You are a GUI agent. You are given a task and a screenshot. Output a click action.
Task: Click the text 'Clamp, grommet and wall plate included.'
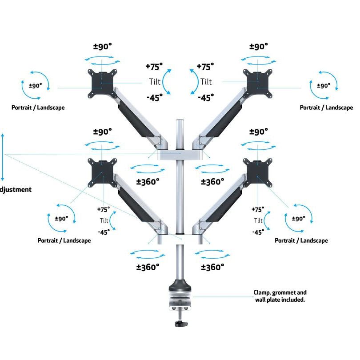[280, 296]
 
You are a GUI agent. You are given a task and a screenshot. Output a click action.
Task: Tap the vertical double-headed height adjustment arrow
[3, 155]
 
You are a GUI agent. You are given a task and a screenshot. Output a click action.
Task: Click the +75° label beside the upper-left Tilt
[154, 67]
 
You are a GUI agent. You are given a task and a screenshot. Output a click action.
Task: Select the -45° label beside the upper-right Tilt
[205, 97]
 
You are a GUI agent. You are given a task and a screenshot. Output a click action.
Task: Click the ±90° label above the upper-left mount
[102, 47]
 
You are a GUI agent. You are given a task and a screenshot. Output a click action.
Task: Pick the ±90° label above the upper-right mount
[259, 47]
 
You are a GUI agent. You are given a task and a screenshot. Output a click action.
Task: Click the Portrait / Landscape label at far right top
[326, 108]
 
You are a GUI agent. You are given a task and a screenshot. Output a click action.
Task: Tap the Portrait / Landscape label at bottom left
[64, 240]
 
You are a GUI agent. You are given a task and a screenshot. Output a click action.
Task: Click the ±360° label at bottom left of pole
[148, 267]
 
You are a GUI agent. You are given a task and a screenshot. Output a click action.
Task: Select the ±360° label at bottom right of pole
[212, 267]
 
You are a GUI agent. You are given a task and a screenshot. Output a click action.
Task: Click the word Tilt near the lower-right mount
[258, 221]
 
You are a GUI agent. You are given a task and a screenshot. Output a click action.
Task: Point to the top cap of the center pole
[180, 121]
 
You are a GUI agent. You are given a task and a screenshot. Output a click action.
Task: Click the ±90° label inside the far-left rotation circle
[35, 86]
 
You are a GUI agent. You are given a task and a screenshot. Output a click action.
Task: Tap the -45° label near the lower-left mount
[104, 232]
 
